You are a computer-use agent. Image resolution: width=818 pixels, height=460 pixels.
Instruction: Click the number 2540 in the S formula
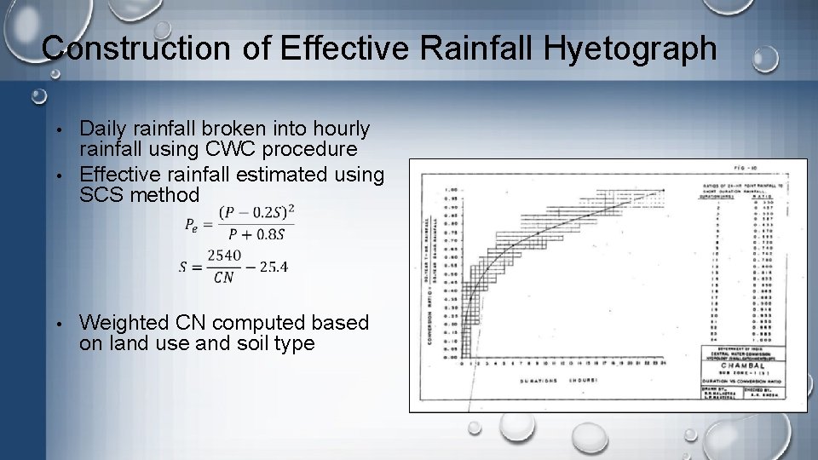(x=223, y=255)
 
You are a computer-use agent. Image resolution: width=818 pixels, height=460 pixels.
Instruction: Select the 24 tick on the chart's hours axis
(x=662, y=365)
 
